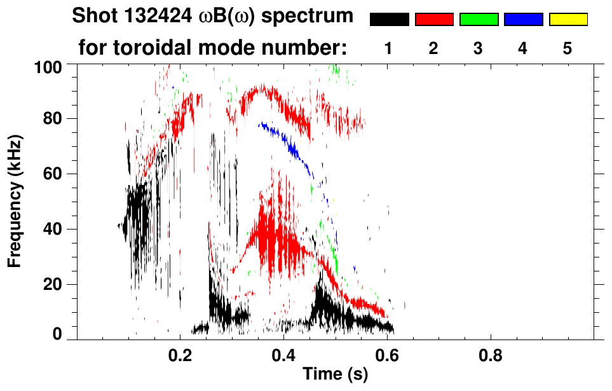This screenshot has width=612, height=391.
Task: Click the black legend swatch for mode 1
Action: (x=389, y=19)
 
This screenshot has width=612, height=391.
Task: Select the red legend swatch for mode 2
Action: (x=434, y=19)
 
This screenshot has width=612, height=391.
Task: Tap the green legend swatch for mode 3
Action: (x=479, y=19)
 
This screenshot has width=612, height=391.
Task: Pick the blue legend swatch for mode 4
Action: (x=523, y=19)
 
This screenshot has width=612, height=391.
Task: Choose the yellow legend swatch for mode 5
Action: (x=568, y=19)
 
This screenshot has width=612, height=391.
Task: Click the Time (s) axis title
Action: (x=335, y=374)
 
